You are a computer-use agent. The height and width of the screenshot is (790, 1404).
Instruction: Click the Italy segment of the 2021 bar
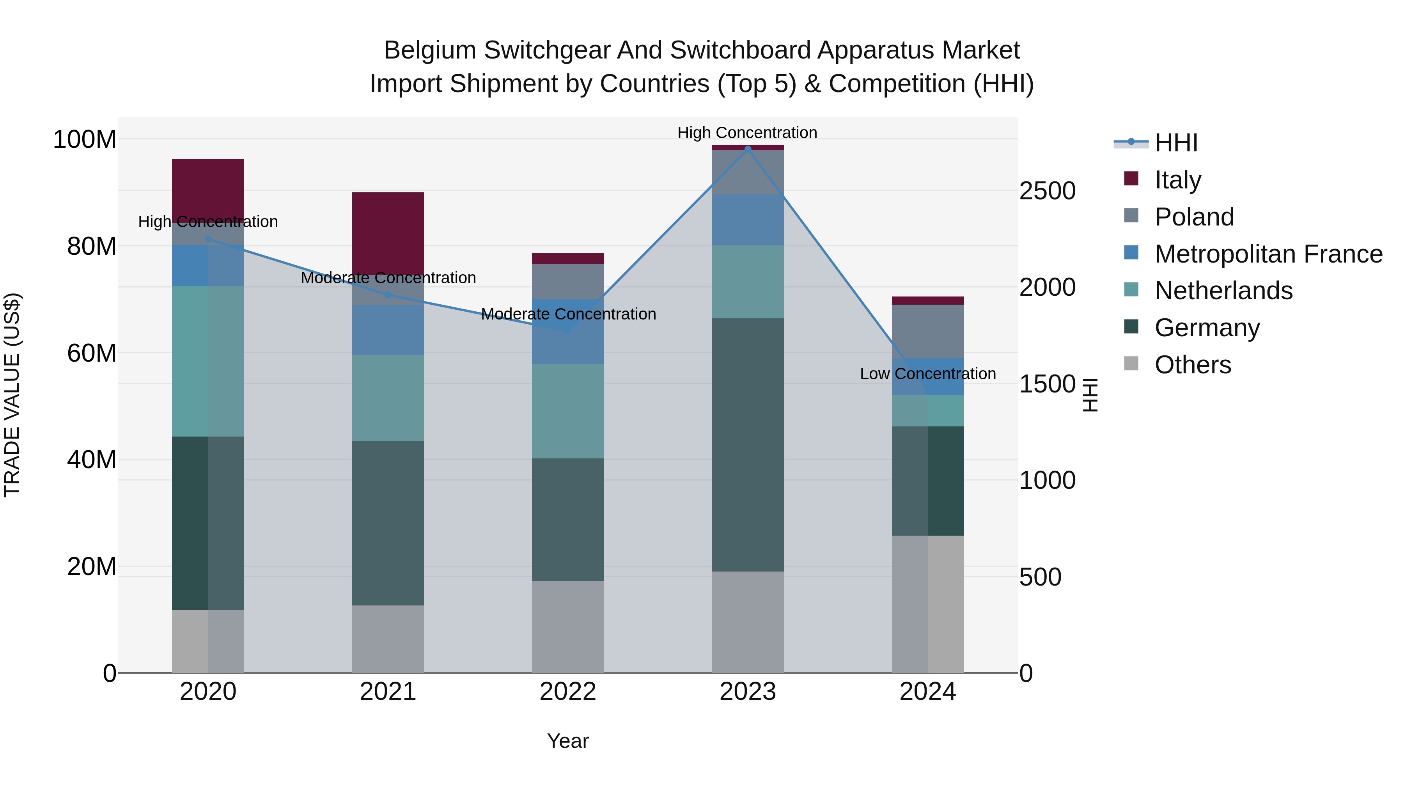click(x=388, y=232)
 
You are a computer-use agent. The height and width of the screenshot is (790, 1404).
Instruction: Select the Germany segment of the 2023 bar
click(x=747, y=444)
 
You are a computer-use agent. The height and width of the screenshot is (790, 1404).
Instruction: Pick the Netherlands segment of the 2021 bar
click(x=388, y=398)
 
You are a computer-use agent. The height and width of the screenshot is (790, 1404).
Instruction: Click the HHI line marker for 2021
click(x=388, y=295)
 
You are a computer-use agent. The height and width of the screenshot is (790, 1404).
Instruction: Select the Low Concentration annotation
click(x=928, y=374)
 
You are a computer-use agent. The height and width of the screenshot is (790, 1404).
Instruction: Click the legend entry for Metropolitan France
click(x=1268, y=254)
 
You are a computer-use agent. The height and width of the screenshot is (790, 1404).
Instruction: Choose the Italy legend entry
click(x=1177, y=180)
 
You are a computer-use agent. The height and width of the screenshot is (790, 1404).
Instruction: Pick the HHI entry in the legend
click(x=1175, y=143)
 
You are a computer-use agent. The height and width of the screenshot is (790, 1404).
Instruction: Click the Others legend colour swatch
click(x=1131, y=364)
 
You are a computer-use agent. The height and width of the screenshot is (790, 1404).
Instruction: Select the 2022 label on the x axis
click(x=567, y=692)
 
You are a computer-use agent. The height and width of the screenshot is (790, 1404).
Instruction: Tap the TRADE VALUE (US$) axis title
click(x=12, y=395)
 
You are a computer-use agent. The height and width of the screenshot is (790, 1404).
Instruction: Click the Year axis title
click(x=567, y=741)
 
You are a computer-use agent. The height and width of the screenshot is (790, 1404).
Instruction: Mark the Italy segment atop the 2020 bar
click(x=207, y=188)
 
